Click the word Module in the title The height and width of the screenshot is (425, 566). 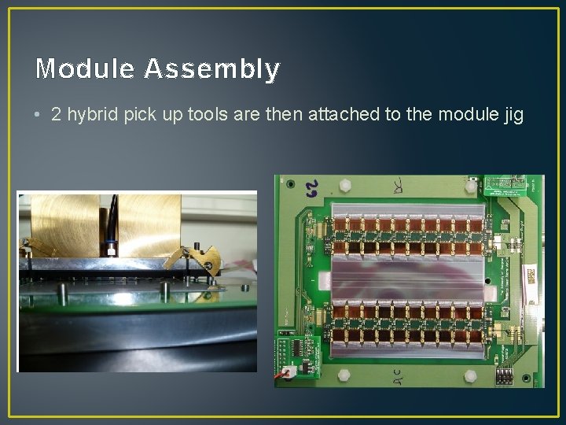pyautogui.click(x=86, y=69)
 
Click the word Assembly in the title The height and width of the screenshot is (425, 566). pyautogui.click(x=211, y=70)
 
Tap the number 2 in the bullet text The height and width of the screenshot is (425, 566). pyautogui.click(x=56, y=114)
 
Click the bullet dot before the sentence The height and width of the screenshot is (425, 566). pyautogui.click(x=38, y=115)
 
